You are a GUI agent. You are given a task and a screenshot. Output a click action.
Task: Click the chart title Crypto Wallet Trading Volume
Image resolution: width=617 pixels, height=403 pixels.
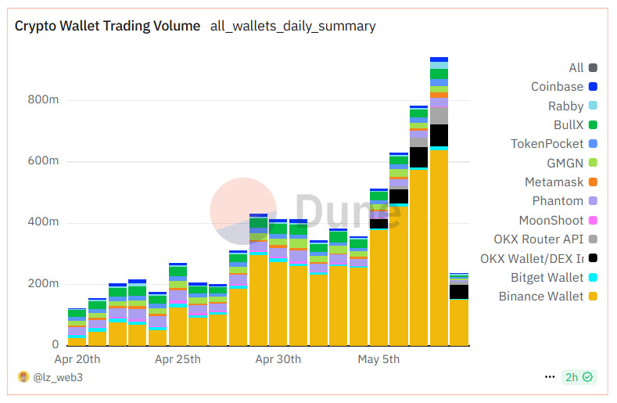click(107, 26)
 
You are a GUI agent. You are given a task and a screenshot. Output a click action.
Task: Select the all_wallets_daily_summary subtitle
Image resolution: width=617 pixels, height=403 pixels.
click(292, 26)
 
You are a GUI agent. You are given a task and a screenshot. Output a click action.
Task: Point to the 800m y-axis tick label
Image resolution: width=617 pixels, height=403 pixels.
click(43, 100)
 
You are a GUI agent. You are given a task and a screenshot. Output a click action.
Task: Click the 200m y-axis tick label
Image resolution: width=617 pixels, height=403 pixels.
click(43, 283)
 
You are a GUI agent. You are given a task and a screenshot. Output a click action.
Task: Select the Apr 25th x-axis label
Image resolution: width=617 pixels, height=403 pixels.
click(178, 359)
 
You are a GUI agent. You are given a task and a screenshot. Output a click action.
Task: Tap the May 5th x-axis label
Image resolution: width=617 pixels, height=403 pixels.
click(378, 359)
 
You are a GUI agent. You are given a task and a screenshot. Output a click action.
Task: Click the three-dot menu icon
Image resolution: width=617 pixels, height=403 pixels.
click(550, 376)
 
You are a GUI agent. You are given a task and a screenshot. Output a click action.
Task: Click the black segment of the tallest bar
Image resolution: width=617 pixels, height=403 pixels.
click(439, 135)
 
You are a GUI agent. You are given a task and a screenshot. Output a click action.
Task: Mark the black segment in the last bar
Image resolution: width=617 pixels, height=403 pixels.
click(459, 291)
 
